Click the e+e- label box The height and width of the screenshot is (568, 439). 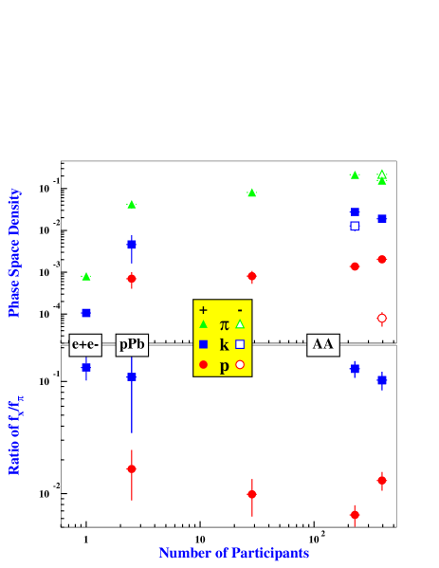[x=85, y=345]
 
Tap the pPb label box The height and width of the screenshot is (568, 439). [x=132, y=345]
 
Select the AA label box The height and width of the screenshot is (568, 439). [x=323, y=345]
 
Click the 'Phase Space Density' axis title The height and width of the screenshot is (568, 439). [x=14, y=252]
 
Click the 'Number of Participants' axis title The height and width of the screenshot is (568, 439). [x=234, y=553]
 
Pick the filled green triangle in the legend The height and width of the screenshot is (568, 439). [x=203, y=324]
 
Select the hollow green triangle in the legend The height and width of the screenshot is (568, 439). [x=240, y=324]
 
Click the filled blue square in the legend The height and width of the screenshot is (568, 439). [x=203, y=344]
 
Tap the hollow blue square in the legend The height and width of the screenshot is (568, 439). [x=240, y=344]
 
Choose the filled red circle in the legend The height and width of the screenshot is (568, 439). [x=203, y=365]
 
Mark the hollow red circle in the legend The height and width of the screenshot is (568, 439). [x=240, y=365]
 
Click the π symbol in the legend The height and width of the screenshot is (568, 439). [x=224, y=325]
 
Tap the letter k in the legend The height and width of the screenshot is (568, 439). [x=224, y=345]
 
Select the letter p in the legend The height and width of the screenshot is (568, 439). [x=224, y=366]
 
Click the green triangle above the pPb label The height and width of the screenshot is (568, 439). [x=132, y=204]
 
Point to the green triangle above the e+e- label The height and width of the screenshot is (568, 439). [x=86, y=277]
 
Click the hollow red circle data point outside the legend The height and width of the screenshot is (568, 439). [x=382, y=318]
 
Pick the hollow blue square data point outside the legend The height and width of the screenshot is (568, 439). [x=355, y=226]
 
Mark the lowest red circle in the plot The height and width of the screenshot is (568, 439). [x=355, y=515]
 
